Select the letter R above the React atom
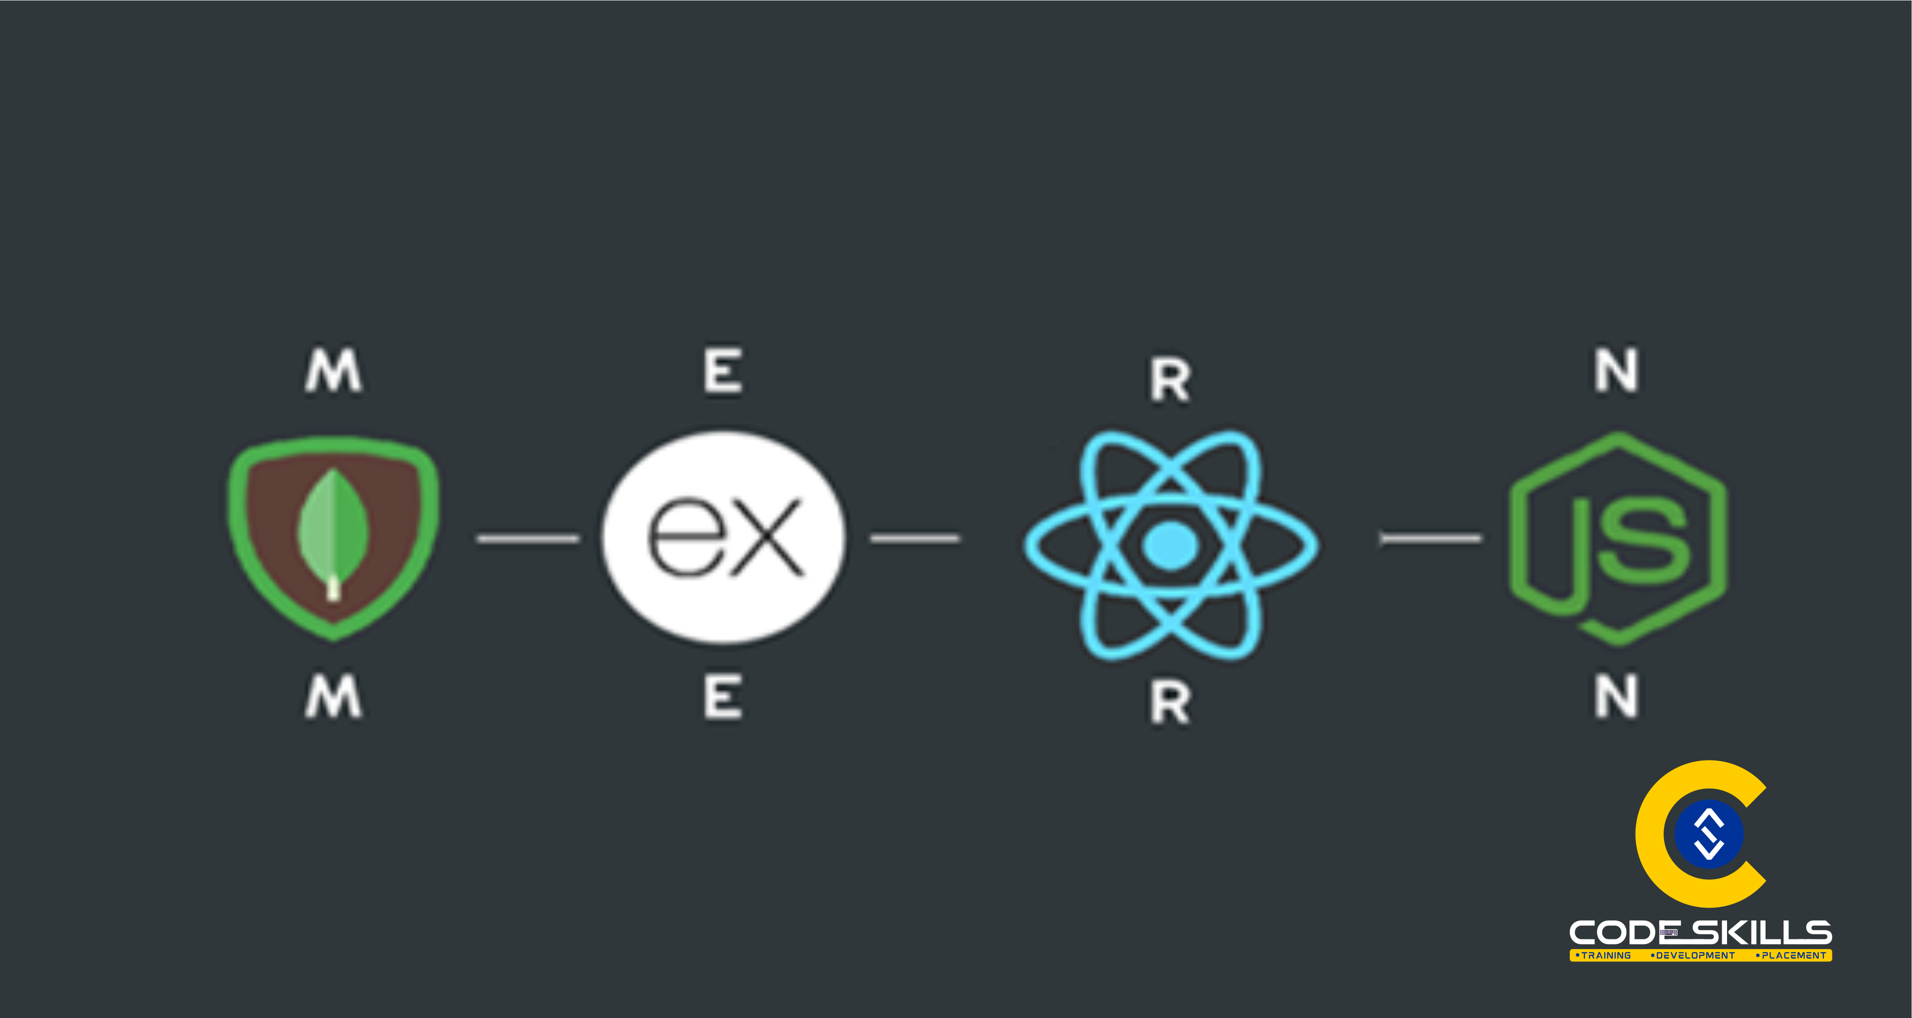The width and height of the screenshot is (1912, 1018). click(1171, 380)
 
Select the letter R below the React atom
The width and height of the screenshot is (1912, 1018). click(1171, 702)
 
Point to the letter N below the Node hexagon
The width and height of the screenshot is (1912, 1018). click(1617, 697)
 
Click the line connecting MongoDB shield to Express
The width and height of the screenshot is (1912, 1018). click(528, 538)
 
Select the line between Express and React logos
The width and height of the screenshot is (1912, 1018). click(914, 538)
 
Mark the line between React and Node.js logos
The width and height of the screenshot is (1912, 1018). click(1430, 538)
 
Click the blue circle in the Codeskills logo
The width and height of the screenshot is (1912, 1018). click(1708, 834)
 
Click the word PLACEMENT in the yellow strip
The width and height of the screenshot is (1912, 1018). click(1793, 955)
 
